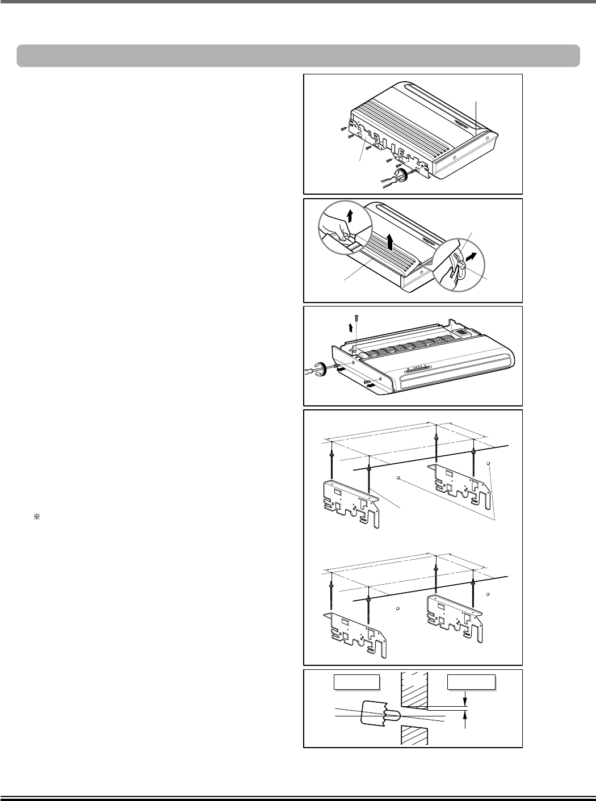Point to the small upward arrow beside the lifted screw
[x=351, y=327]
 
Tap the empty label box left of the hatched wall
[x=356, y=682]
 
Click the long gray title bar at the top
[x=298, y=56]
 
